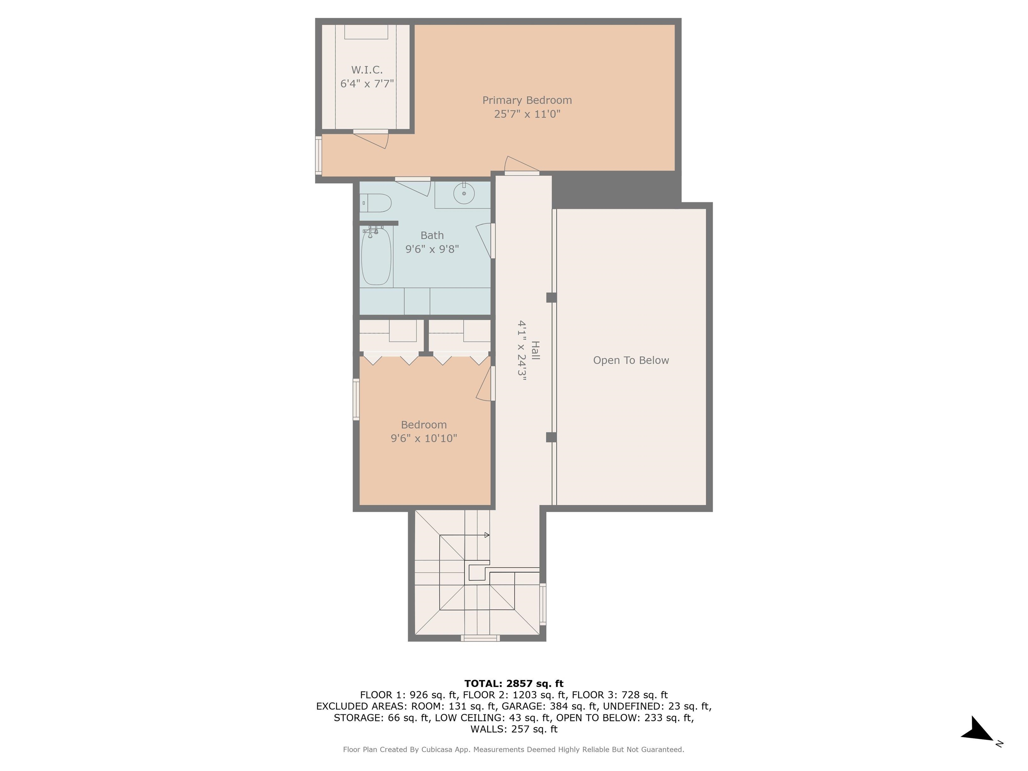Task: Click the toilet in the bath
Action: coord(375,203)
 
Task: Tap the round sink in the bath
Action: coord(464,193)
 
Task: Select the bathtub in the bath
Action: coord(376,256)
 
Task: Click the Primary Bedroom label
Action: coord(527,100)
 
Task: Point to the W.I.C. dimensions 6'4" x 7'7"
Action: coord(367,84)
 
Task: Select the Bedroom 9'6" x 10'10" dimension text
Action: coord(424,438)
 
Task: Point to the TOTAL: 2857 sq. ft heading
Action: coord(514,684)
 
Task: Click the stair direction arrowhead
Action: coord(487,535)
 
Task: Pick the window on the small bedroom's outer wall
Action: coord(356,400)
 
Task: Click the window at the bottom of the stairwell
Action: coord(480,638)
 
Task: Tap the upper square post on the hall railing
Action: coord(551,297)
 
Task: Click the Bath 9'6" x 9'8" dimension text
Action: coord(432,249)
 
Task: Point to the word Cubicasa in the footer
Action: coord(438,749)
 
